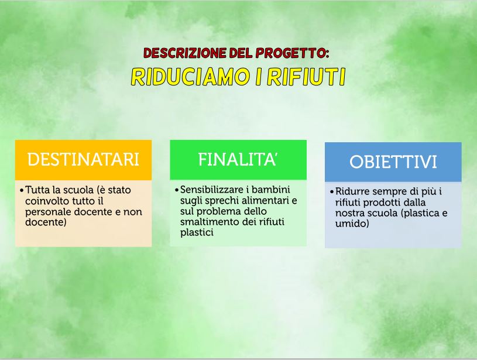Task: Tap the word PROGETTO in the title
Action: (292, 53)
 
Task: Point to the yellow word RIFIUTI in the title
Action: (306, 76)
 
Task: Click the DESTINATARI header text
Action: (83, 159)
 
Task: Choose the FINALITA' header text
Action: (237, 159)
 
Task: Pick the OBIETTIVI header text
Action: (393, 162)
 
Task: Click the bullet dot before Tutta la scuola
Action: (22, 190)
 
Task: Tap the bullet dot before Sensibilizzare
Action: (177, 190)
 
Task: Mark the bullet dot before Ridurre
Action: (332, 192)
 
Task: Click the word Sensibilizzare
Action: (211, 190)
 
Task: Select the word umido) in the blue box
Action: (352, 224)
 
